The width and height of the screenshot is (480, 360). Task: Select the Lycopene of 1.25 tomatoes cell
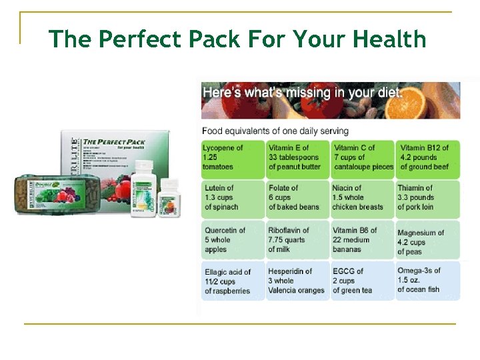[233, 158]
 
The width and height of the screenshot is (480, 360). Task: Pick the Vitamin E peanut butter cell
[297, 158]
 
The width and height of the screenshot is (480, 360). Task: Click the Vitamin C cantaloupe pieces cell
[363, 158]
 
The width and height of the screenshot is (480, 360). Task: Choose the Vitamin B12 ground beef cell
[427, 158]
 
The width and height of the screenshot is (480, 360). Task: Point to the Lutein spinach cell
[233, 198]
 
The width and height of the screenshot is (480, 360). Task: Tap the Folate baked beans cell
[297, 198]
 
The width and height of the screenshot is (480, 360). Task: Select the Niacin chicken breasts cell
[363, 198]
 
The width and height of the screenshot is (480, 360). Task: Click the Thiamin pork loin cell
[427, 198]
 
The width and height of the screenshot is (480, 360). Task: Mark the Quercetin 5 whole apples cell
[233, 240]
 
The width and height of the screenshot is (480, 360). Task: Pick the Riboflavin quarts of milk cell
[297, 240]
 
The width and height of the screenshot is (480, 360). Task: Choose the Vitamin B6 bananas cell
[363, 240]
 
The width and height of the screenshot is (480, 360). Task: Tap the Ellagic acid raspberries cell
[233, 281]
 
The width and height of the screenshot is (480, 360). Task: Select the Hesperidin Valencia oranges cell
[297, 281]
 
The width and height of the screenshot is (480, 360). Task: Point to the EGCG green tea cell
[363, 281]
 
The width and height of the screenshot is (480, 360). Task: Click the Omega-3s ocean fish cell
[427, 281]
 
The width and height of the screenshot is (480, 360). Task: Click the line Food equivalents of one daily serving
[275, 131]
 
